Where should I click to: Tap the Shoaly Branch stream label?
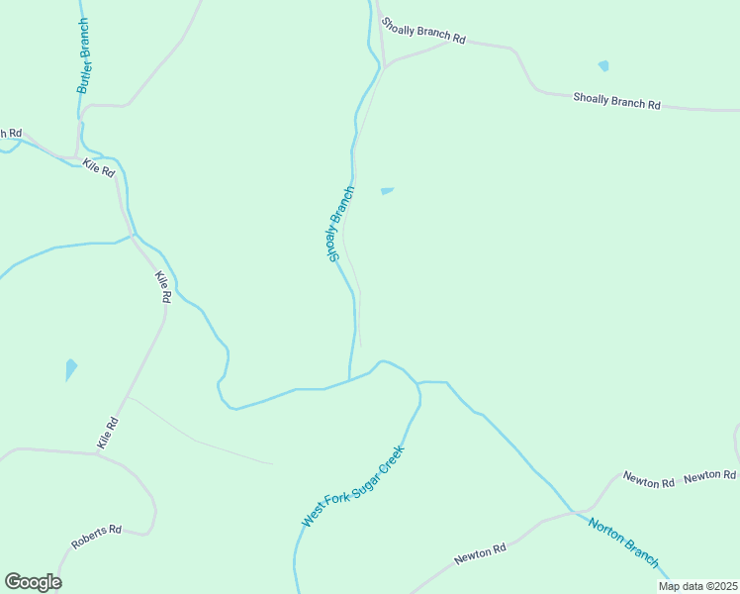tap(340, 224)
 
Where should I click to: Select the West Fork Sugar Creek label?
tap(353, 486)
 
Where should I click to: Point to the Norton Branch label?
tap(623, 542)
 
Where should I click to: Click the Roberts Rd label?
tap(95, 538)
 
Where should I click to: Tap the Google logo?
tap(33, 582)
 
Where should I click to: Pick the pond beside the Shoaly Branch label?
tap(387, 191)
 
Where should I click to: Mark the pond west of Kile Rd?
tap(70, 369)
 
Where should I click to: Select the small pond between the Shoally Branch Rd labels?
tap(603, 66)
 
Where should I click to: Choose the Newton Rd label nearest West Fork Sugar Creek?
tap(480, 553)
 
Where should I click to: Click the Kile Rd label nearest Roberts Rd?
tap(108, 434)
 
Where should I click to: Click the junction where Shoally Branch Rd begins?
tap(388, 65)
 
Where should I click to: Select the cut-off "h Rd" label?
tap(10, 134)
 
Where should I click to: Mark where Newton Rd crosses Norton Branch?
tap(572, 511)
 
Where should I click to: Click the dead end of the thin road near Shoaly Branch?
tap(361, 346)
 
